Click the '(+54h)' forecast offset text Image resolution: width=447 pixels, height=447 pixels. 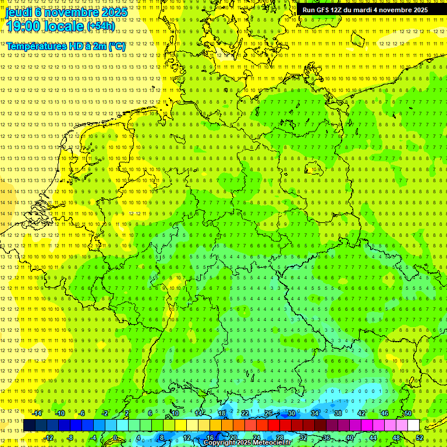[101, 26]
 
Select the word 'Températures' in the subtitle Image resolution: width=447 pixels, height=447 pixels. [34, 45]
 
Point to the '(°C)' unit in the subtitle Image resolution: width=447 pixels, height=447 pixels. [116, 45]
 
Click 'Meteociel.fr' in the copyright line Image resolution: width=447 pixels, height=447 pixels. [271, 443]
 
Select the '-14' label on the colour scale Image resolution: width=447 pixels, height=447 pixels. [38, 413]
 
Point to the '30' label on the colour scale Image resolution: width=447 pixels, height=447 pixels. [292, 413]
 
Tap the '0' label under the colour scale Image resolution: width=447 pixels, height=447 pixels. [115, 438]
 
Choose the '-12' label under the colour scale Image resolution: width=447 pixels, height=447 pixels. [49, 438]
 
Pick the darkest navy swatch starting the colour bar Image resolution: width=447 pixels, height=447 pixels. [29, 425]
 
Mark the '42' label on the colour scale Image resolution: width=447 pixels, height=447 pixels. [361, 413]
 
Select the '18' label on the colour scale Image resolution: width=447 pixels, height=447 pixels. [222, 413]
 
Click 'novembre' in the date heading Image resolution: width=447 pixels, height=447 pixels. [68, 12]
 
